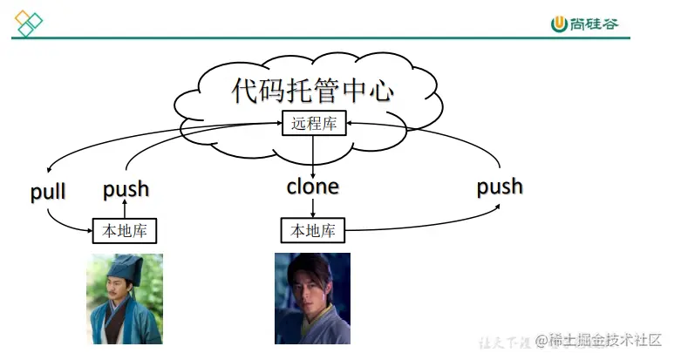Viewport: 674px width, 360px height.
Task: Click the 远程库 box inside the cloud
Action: click(313, 124)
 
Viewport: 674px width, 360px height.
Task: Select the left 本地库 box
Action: click(125, 230)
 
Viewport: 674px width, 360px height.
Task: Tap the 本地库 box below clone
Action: click(313, 230)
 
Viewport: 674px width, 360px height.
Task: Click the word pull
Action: click(48, 192)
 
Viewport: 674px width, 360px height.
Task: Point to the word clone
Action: click(313, 186)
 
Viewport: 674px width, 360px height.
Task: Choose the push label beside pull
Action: click(126, 189)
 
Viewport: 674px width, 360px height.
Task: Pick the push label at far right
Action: click(500, 186)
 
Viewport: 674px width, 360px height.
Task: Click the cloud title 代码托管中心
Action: click(312, 91)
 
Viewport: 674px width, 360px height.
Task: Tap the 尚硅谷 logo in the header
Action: click(585, 23)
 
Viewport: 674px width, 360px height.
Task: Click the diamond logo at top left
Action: click(28, 24)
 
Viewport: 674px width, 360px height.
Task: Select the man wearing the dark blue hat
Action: click(125, 298)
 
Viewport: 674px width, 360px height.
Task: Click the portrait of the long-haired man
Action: click(312, 298)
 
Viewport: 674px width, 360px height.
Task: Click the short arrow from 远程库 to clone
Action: click(313, 154)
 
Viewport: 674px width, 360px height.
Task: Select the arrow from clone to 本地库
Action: click(313, 207)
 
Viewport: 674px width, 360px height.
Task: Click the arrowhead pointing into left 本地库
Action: click(89, 230)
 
